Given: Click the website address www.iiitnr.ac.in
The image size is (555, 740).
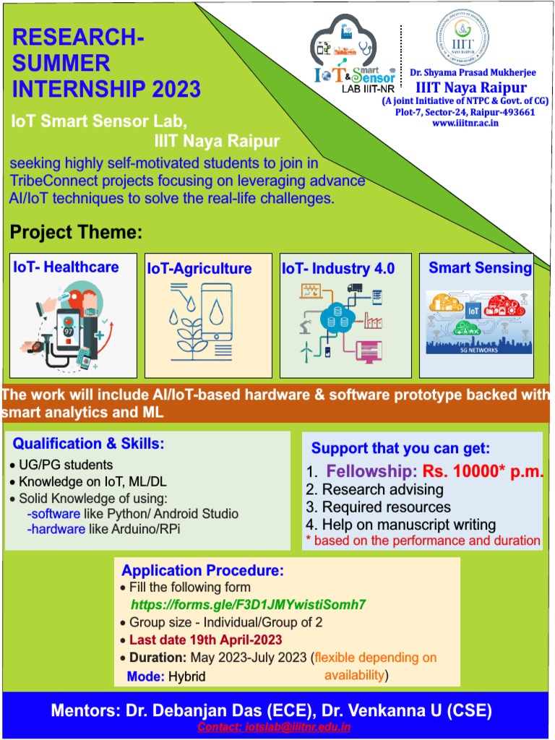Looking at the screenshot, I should pyautogui.click(x=465, y=123).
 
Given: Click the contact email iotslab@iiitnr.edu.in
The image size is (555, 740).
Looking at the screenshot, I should pyautogui.click(x=274, y=726).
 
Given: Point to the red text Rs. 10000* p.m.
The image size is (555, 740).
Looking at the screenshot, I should pyautogui.click(x=483, y=472).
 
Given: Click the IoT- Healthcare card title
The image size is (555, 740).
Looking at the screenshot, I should pyautogui.click(x=66, y=267).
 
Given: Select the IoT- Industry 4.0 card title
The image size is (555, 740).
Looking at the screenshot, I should pyautogui.click(x=338, y=269).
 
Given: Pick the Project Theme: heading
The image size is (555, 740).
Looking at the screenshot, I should pyautogui.click(x=77, y=233).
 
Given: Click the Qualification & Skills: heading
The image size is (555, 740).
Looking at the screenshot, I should pyautogui.click(x=89, y=443).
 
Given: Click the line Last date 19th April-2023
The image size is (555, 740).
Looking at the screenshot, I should pyautogui.click(x=205, y=640).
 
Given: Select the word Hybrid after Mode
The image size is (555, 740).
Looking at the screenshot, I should pyautogui.click(x=187, y=676).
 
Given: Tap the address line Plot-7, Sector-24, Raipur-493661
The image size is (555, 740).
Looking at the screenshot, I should pyautogui.click(x=465, y=112).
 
